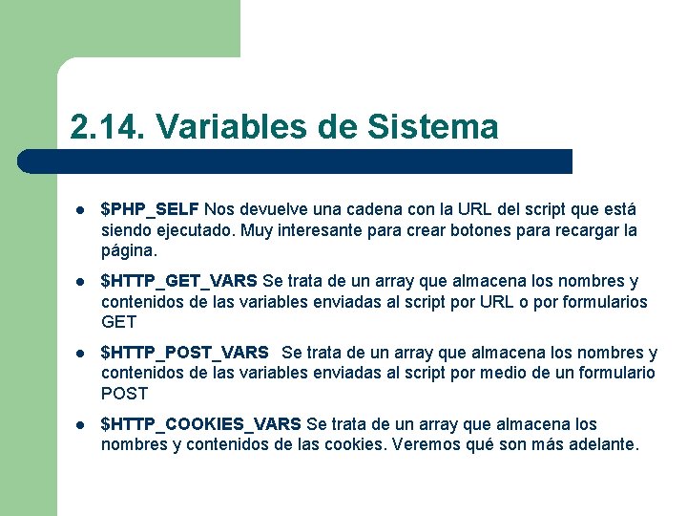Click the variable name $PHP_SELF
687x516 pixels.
(x=150, y=209)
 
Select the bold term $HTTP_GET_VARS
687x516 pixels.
(x=179, y=281)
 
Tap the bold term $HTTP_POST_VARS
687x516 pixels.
(x=185, y=353)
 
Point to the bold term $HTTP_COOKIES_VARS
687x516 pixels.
(x=201, y=424)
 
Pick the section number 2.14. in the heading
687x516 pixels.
(x=107, y=126)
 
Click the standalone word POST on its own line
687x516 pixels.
(x=124, y=394)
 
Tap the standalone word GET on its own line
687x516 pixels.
(x=119, y=322)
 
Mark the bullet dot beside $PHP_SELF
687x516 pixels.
(x=81, y=210)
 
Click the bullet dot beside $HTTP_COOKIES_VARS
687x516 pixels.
(x=81, y=425)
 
